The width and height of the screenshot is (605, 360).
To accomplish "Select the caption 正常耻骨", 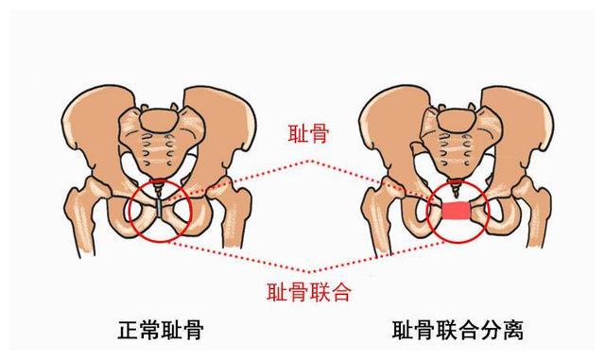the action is coord(162,330).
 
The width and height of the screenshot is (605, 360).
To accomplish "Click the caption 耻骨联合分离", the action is coord(458,330).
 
